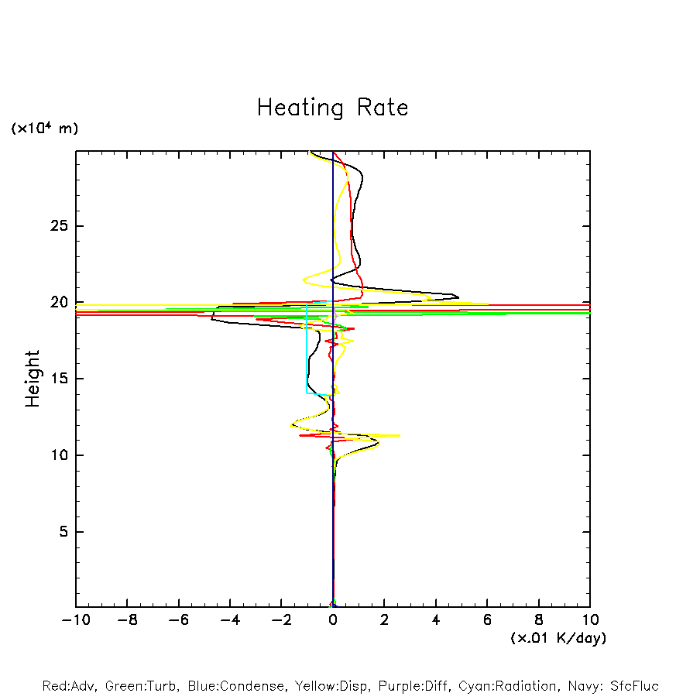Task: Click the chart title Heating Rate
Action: pos(332,108)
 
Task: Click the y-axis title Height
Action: pos(33,379)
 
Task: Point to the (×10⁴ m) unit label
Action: pos(44,129)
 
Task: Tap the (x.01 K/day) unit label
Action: pos(558,638)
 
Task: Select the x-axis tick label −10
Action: pos(76,620)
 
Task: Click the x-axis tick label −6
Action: pos(179,620)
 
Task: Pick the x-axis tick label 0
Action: pos(333,620)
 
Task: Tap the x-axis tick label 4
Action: pos(436,620)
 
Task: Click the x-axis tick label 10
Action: pos(589,620)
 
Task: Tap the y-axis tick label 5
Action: pos(60,532)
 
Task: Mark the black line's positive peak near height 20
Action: pos(458,297)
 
